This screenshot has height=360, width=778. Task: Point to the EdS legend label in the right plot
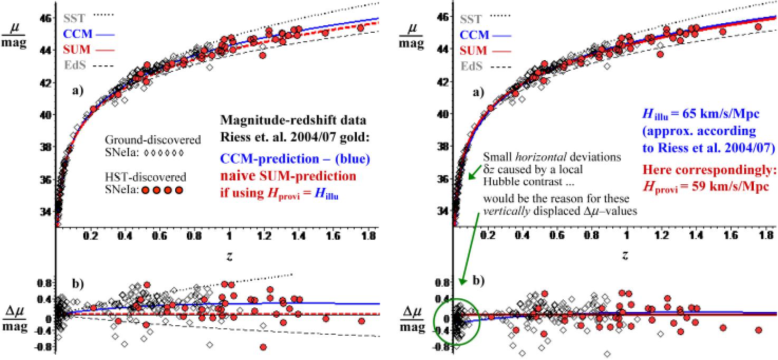point(471,67)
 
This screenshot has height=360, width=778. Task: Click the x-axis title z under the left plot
point(229,256)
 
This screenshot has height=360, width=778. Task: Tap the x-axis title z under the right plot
point(625,256)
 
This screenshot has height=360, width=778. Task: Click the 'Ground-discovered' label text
point(153,140)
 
